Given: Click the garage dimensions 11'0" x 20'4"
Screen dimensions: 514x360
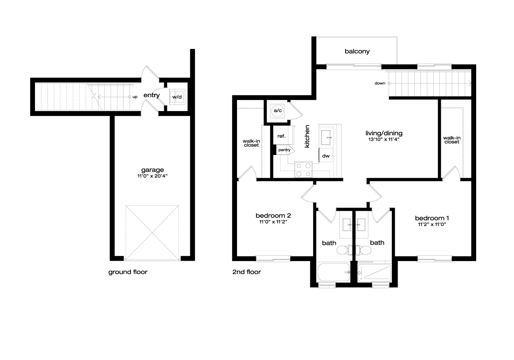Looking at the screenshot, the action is pos(152,176).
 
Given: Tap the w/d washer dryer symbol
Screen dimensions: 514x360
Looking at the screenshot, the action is pos(177,97).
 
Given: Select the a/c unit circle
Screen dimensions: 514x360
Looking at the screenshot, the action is pos(277,111).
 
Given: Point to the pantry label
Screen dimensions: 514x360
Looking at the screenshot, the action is pos(284,150).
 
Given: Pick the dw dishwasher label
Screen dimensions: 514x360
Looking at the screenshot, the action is pos(326,156).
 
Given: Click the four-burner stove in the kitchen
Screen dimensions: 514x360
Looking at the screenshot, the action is pos(303,170).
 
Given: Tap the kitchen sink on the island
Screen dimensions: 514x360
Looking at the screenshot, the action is pos(326,137).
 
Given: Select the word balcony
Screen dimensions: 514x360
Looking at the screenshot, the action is pos(357,51).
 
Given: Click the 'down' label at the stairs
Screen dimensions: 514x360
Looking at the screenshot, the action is pos(380,83).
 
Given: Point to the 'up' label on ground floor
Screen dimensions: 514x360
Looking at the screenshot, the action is pos(135,97).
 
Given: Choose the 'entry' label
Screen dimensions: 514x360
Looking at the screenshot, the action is pos(151,95).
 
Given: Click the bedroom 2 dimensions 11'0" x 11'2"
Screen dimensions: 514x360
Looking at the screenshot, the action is pos(273,222).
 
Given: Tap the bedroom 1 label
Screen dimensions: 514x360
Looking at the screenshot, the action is pos(432,218).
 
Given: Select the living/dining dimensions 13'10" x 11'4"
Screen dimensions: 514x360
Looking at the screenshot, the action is pos(384,139).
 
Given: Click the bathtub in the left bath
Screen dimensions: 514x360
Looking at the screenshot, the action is pos(333,272).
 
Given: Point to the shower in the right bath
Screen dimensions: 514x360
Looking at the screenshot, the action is pos(374,273).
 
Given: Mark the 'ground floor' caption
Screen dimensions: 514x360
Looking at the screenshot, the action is pos(128,272).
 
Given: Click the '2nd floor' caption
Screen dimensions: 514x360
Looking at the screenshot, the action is pos(247,272).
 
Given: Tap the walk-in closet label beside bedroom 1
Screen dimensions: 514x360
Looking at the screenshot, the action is pos(452,140).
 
